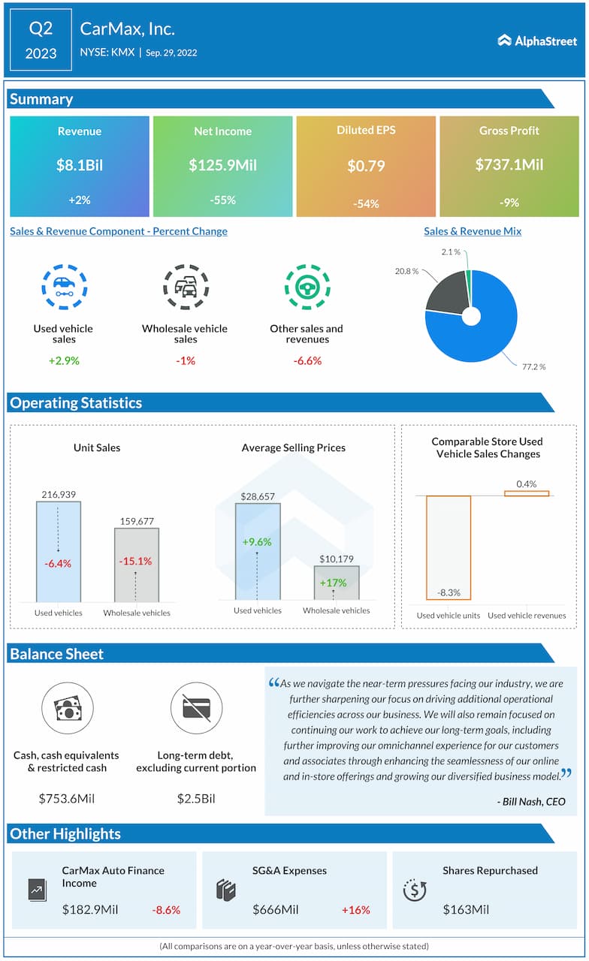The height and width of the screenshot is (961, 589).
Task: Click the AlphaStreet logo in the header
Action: (x=536, y=40)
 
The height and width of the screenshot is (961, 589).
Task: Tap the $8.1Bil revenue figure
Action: (x=79, y=165)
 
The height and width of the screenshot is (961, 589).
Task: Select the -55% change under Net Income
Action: (x=223, y=200)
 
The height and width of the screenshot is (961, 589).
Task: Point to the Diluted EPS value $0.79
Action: (x=366, y=166)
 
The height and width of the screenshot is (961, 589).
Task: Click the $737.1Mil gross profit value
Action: (x=509, y=164)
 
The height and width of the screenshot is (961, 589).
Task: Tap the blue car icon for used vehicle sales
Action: (x=64, y=287)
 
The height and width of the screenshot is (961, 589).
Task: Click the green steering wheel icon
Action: (x=307, y=287)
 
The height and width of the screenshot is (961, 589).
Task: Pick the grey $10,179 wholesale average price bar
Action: (x=336, y=583)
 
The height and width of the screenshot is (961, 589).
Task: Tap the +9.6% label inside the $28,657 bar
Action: (x=257, y=542)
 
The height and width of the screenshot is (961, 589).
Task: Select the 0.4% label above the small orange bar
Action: (x=527, y=484)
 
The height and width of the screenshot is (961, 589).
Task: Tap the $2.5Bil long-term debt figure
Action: (x=195, y=798)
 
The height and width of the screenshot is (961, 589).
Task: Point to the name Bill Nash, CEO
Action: (x=531, y=802)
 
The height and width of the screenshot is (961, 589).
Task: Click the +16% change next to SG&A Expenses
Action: (x=356, y=910)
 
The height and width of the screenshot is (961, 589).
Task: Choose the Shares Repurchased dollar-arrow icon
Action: (x=415, y=890)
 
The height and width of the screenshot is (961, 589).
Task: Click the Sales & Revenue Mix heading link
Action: (x=473, y=231)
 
